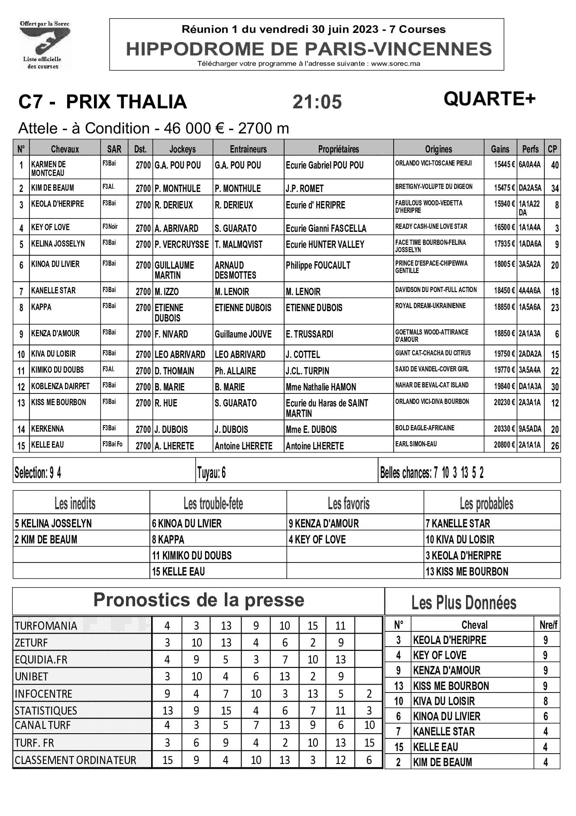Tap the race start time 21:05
click(317, 102)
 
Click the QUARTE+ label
click(489, 99)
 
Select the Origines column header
click(438, 149)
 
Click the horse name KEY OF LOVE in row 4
click(50, 227)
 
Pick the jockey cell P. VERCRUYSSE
click(182, 244)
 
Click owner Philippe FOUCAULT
click(318, 265)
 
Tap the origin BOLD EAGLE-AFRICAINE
click(425, 428)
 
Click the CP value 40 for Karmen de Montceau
click(554, 165)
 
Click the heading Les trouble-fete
click(213, 504)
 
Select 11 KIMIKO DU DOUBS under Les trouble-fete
click(192, 556)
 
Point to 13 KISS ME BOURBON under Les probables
click(467, 572)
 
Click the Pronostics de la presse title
click(199, 600)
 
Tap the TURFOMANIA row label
click(46, 626)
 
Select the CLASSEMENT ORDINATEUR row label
click(75, 760)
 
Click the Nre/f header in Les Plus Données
click(547, 625)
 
